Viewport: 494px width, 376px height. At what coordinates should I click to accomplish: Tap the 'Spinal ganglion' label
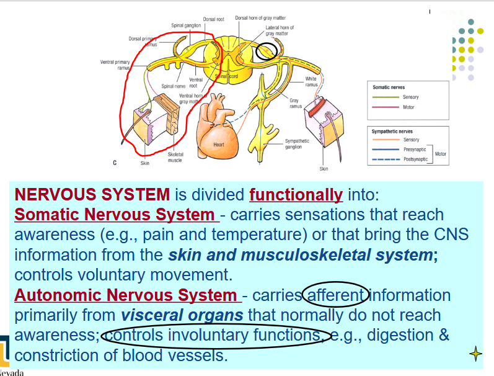tap(185, 25)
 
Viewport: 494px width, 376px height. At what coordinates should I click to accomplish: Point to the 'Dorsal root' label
tap(213, 19)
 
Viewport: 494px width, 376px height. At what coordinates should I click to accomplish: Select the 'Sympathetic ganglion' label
tap(298, 144)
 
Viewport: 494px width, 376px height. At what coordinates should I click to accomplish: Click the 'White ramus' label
tap(311, 81)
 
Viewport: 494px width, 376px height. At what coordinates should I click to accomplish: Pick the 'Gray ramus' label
tap(294, 102)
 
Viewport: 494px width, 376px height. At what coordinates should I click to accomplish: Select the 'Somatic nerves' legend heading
tap(388, 87)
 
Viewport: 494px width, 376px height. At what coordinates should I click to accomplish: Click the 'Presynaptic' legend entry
tap(414, 150)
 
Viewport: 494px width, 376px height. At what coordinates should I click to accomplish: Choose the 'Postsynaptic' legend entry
tap(415, 159)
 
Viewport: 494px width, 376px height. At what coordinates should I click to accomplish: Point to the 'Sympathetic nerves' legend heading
tap(393, 132)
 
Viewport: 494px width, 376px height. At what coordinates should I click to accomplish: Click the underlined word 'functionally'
tap(296, 195)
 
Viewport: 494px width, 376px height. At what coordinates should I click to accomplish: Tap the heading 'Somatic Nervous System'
tap(117, 215)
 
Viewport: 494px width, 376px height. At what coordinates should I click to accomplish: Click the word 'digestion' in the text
tap(400, 336)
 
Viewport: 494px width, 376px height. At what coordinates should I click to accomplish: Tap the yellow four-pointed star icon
tap(475, 354)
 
